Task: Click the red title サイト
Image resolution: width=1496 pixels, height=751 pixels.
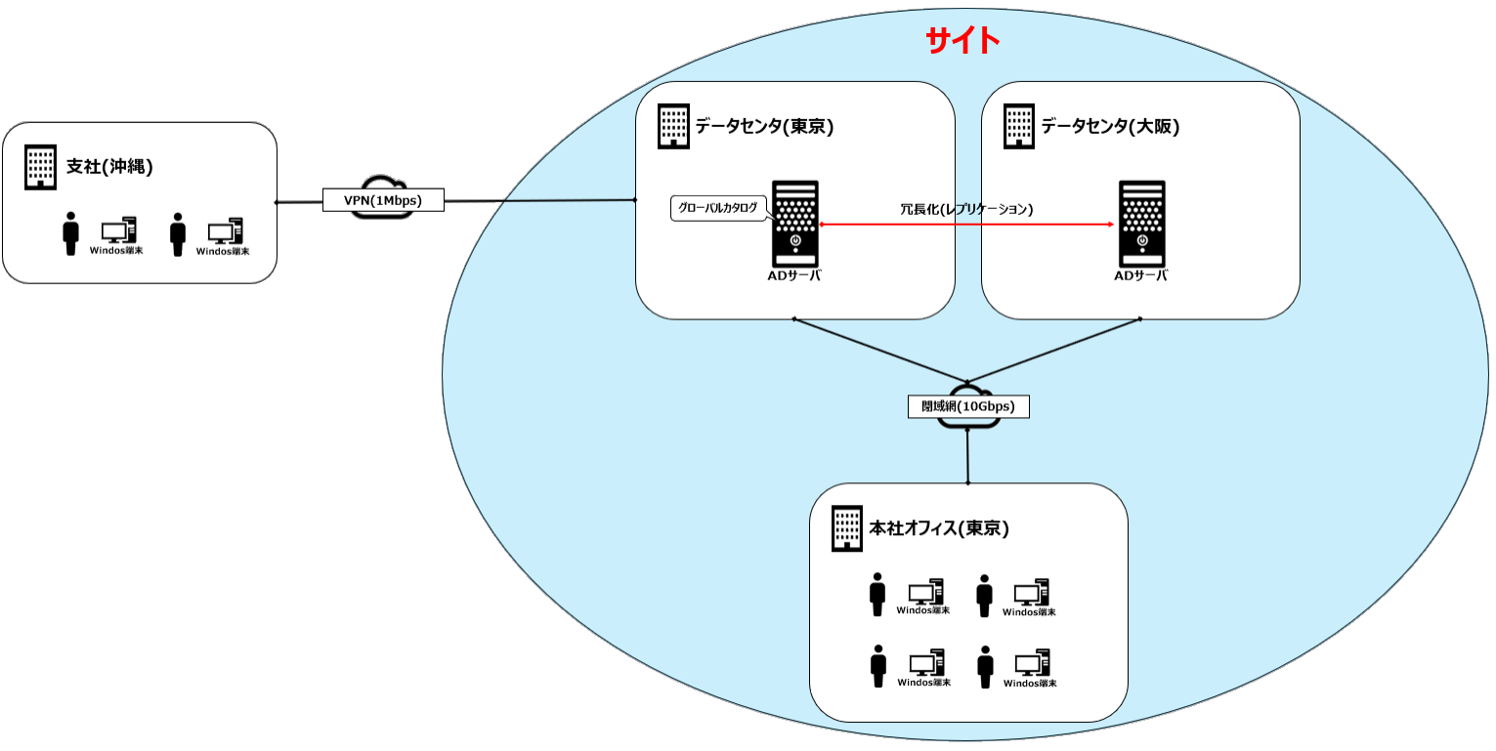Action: (x=962, y=40)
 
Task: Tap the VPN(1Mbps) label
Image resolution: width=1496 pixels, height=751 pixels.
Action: (x=384, y=200)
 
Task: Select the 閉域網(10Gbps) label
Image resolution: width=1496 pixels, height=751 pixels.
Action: (x=967, y=406)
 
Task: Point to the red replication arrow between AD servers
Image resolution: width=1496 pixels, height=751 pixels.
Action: (x=967, y=225)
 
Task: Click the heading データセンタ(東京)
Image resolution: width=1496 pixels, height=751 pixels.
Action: (x=764, y=126)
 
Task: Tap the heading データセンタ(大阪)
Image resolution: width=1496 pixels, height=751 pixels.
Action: (x=1110, y=126)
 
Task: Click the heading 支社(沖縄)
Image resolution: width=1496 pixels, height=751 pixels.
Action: (x=109, y=166)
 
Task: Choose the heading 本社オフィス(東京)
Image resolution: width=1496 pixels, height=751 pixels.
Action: (x=939, y=528)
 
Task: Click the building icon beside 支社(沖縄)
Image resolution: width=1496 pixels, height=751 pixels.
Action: (x=40, y=167)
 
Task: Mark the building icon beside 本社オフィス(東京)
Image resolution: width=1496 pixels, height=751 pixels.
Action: (x=846, y=528)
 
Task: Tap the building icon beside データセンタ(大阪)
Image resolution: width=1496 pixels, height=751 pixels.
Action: (x=1018, y=127)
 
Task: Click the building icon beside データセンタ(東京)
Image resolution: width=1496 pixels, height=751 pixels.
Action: (x=672, y=127)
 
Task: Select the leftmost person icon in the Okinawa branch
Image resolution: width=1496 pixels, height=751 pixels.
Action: (x=70, y=234)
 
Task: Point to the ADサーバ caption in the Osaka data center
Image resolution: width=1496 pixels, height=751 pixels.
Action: (x=1141, y=275)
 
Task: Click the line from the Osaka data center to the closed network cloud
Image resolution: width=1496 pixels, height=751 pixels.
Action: (x=1055, y=351)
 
